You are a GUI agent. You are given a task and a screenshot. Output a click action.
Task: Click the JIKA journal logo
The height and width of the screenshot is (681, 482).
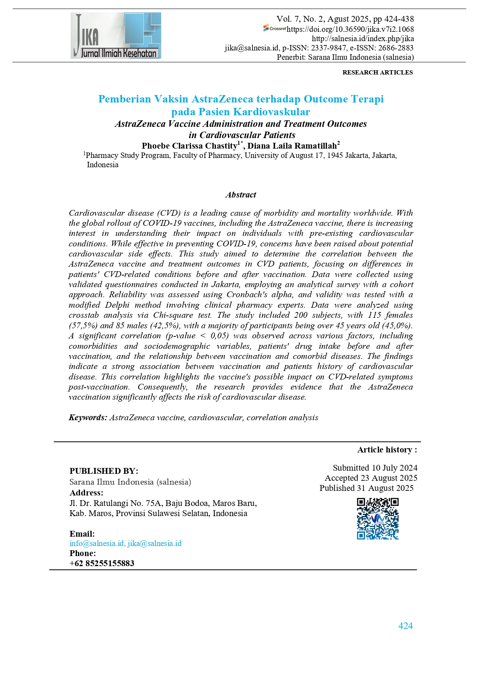pyautogui.click(x=116, y=35)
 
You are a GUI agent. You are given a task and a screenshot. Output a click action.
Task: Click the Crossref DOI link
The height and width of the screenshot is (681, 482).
pyautogui.click(x=350, y=29)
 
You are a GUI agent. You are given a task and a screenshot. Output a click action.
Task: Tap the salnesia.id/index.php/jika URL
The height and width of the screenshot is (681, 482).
pyautogui.click(x=363, y=38)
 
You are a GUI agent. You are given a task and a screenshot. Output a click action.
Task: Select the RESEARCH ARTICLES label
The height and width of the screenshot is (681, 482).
pyautogui.click(x=377, y=72)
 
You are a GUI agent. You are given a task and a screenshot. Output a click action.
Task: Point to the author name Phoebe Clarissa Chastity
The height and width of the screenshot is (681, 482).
pyautogui.click(x=190, y=146)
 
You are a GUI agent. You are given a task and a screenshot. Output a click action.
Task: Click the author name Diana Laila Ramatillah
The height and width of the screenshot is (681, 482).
pyautogui.click(x=292, y=146)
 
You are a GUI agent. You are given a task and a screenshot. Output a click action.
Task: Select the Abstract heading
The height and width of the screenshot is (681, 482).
pyautogui.click(x=240, y=195)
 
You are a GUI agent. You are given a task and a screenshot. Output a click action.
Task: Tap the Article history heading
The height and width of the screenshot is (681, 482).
pyautogui.click(x=387, y=450)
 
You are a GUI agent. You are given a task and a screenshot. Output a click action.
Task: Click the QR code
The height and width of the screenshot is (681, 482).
pyautogui.click(x=378, y=519)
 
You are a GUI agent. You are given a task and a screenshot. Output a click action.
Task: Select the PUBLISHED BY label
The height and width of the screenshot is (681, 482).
pyautogui.click(x=104, y=471)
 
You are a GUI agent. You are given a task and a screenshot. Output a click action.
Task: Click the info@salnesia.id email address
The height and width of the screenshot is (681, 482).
pyautogui.click(x=97, y=543)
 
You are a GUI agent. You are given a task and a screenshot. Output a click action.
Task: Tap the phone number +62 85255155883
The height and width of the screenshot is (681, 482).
pyautogui.click(x=102, y=563)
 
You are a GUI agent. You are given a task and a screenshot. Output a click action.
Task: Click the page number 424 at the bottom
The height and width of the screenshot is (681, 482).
pyautogui.click(x=405, y=626)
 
